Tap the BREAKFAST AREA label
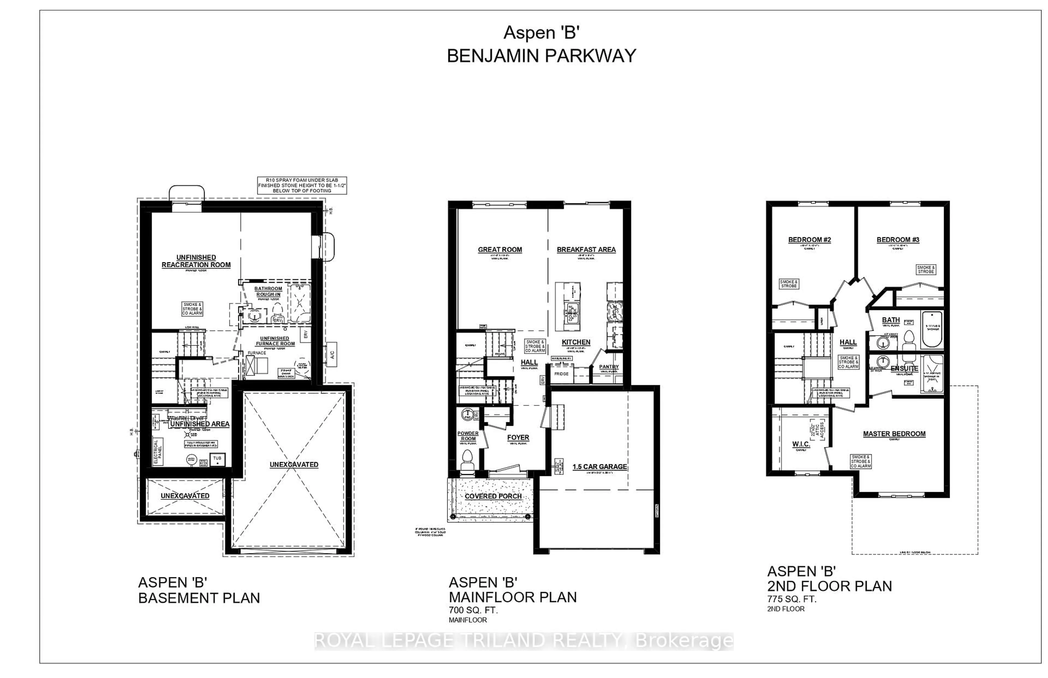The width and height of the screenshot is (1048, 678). tap(586, 250)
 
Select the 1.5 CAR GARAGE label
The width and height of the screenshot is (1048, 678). tap(600, 467)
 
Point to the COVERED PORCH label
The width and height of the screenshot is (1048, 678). tap(493, 496)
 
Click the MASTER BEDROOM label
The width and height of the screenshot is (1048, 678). tap(894, 434)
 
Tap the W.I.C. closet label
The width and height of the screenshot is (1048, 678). tap(801, 444)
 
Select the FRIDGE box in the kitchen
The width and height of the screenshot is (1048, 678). tap(561, 374)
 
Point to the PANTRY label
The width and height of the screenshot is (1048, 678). tap(609, 367)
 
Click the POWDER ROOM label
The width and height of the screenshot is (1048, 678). tap(468, 436)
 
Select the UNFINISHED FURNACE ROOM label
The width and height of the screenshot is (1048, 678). tap(274, 341)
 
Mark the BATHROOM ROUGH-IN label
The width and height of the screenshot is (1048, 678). tap(268, 292)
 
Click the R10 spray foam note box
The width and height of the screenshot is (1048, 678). tap(302, 185)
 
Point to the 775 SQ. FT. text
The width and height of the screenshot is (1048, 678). tap(791, 599)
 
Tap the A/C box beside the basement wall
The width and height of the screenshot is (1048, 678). tap(332, 354)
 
